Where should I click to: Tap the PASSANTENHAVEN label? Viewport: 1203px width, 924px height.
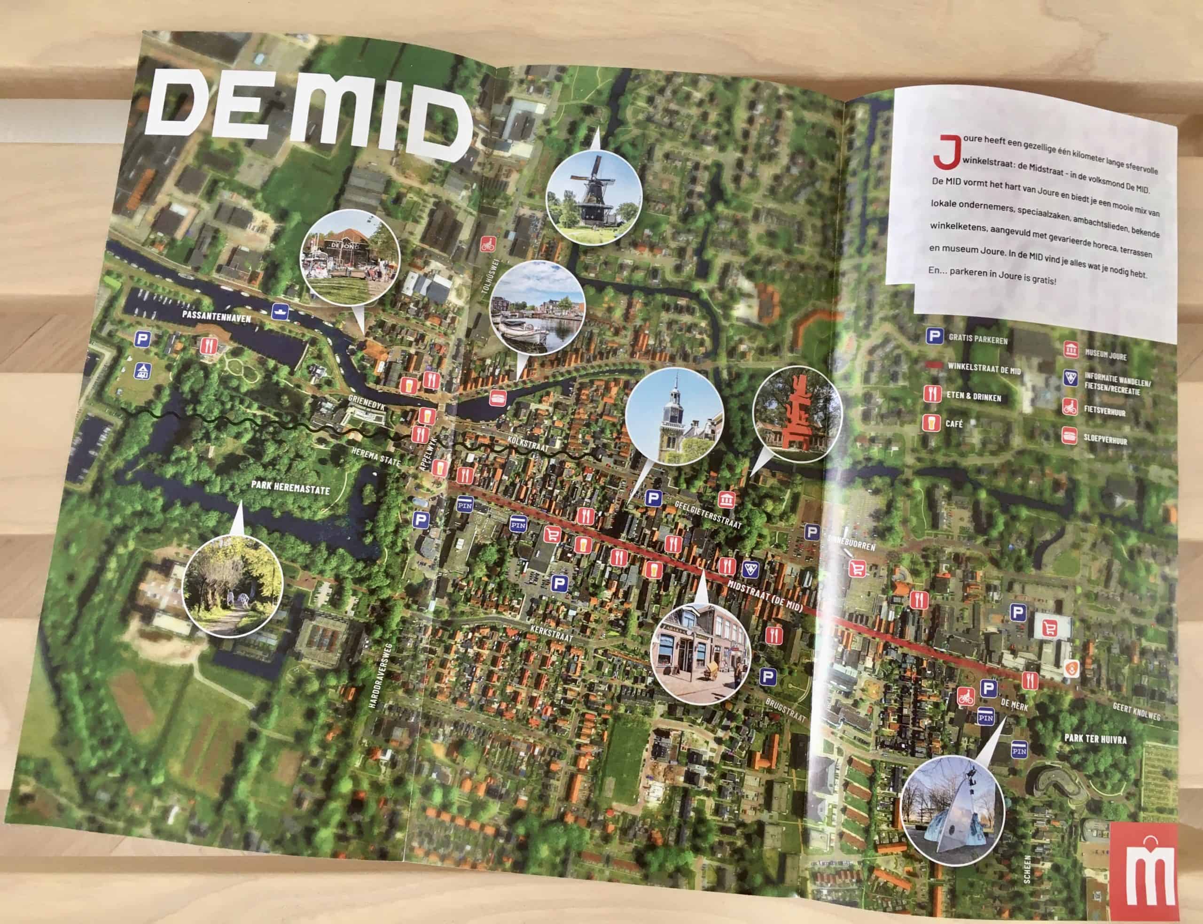coord(217,317)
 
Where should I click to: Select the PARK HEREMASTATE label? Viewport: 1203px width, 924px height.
coord(290,487)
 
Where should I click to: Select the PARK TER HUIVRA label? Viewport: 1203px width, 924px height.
coord(1095,738)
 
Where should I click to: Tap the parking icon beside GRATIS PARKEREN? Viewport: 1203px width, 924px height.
coord(933,336)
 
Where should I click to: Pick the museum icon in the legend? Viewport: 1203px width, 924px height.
coord(1071,350)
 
